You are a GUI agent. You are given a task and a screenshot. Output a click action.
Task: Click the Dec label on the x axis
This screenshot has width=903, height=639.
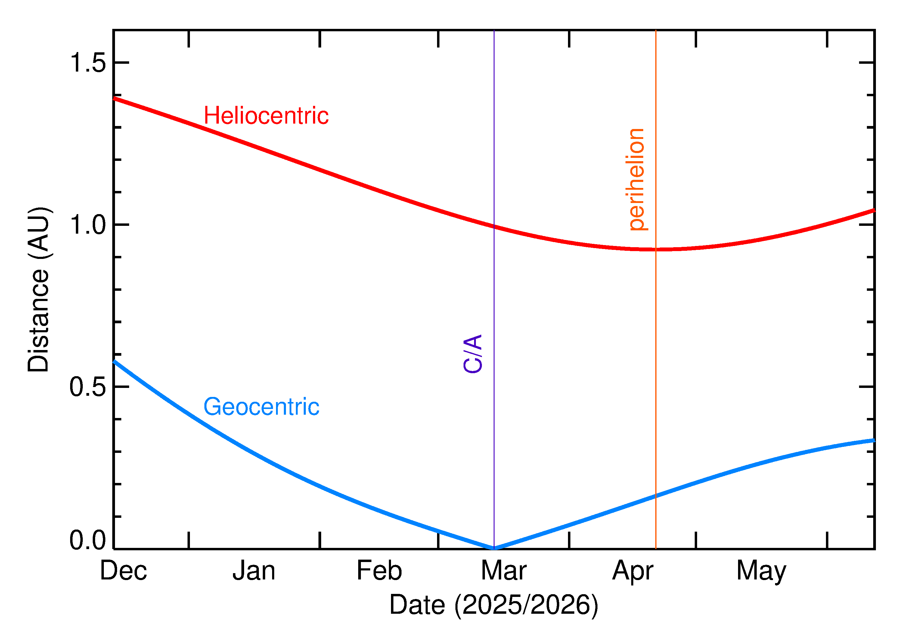click(x=123, y=571)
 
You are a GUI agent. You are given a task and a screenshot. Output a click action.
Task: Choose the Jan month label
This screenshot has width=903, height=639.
click(x=254, y=571)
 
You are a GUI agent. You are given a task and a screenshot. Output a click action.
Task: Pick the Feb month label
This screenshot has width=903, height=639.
click(x=379, y=571)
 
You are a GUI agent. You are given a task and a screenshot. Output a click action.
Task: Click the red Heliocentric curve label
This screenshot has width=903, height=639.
click(x=266, y=116)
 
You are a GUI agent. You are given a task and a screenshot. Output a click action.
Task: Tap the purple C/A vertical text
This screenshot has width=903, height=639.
click(x=473, y=354)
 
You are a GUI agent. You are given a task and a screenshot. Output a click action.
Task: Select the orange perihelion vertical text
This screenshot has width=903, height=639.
click(x=636, y=180)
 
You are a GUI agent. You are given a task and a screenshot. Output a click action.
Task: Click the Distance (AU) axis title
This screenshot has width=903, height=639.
click(x=39, y=290)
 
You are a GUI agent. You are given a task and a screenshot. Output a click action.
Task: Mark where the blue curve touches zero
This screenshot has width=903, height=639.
click(x=494, y=548)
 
